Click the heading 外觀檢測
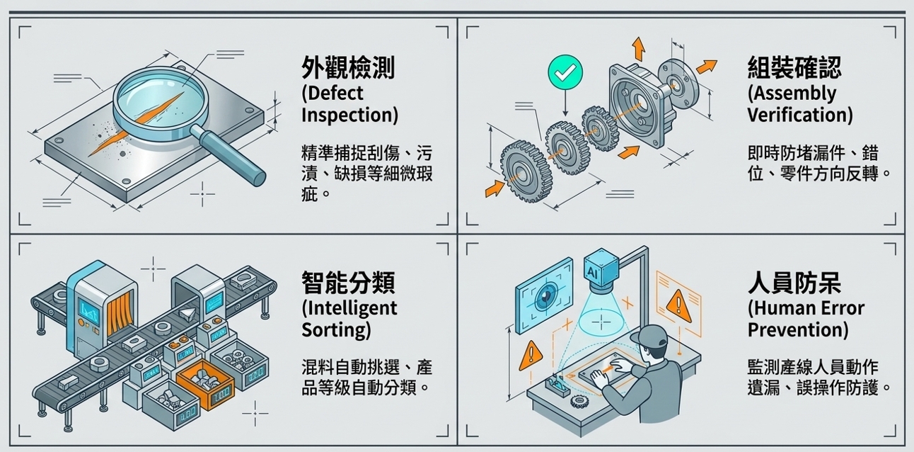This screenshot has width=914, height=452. click(x=347, y=68)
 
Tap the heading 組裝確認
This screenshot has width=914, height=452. click(x=794, y=68)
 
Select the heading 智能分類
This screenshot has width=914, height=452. click(x=348, y=283)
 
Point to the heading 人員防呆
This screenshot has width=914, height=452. click(x=794, y=283)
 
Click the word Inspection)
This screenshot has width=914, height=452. click(x=349, y=115)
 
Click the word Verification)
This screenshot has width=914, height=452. click(x=800, y=115)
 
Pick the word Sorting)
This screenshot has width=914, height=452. click(x=336, y=330)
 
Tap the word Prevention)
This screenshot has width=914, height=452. click(x=798, y=330)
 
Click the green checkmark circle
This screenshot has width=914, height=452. click(x=565, y=72)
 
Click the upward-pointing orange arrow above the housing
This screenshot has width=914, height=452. click(x=639, y=49)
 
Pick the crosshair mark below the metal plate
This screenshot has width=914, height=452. click(x=202, y=193)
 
